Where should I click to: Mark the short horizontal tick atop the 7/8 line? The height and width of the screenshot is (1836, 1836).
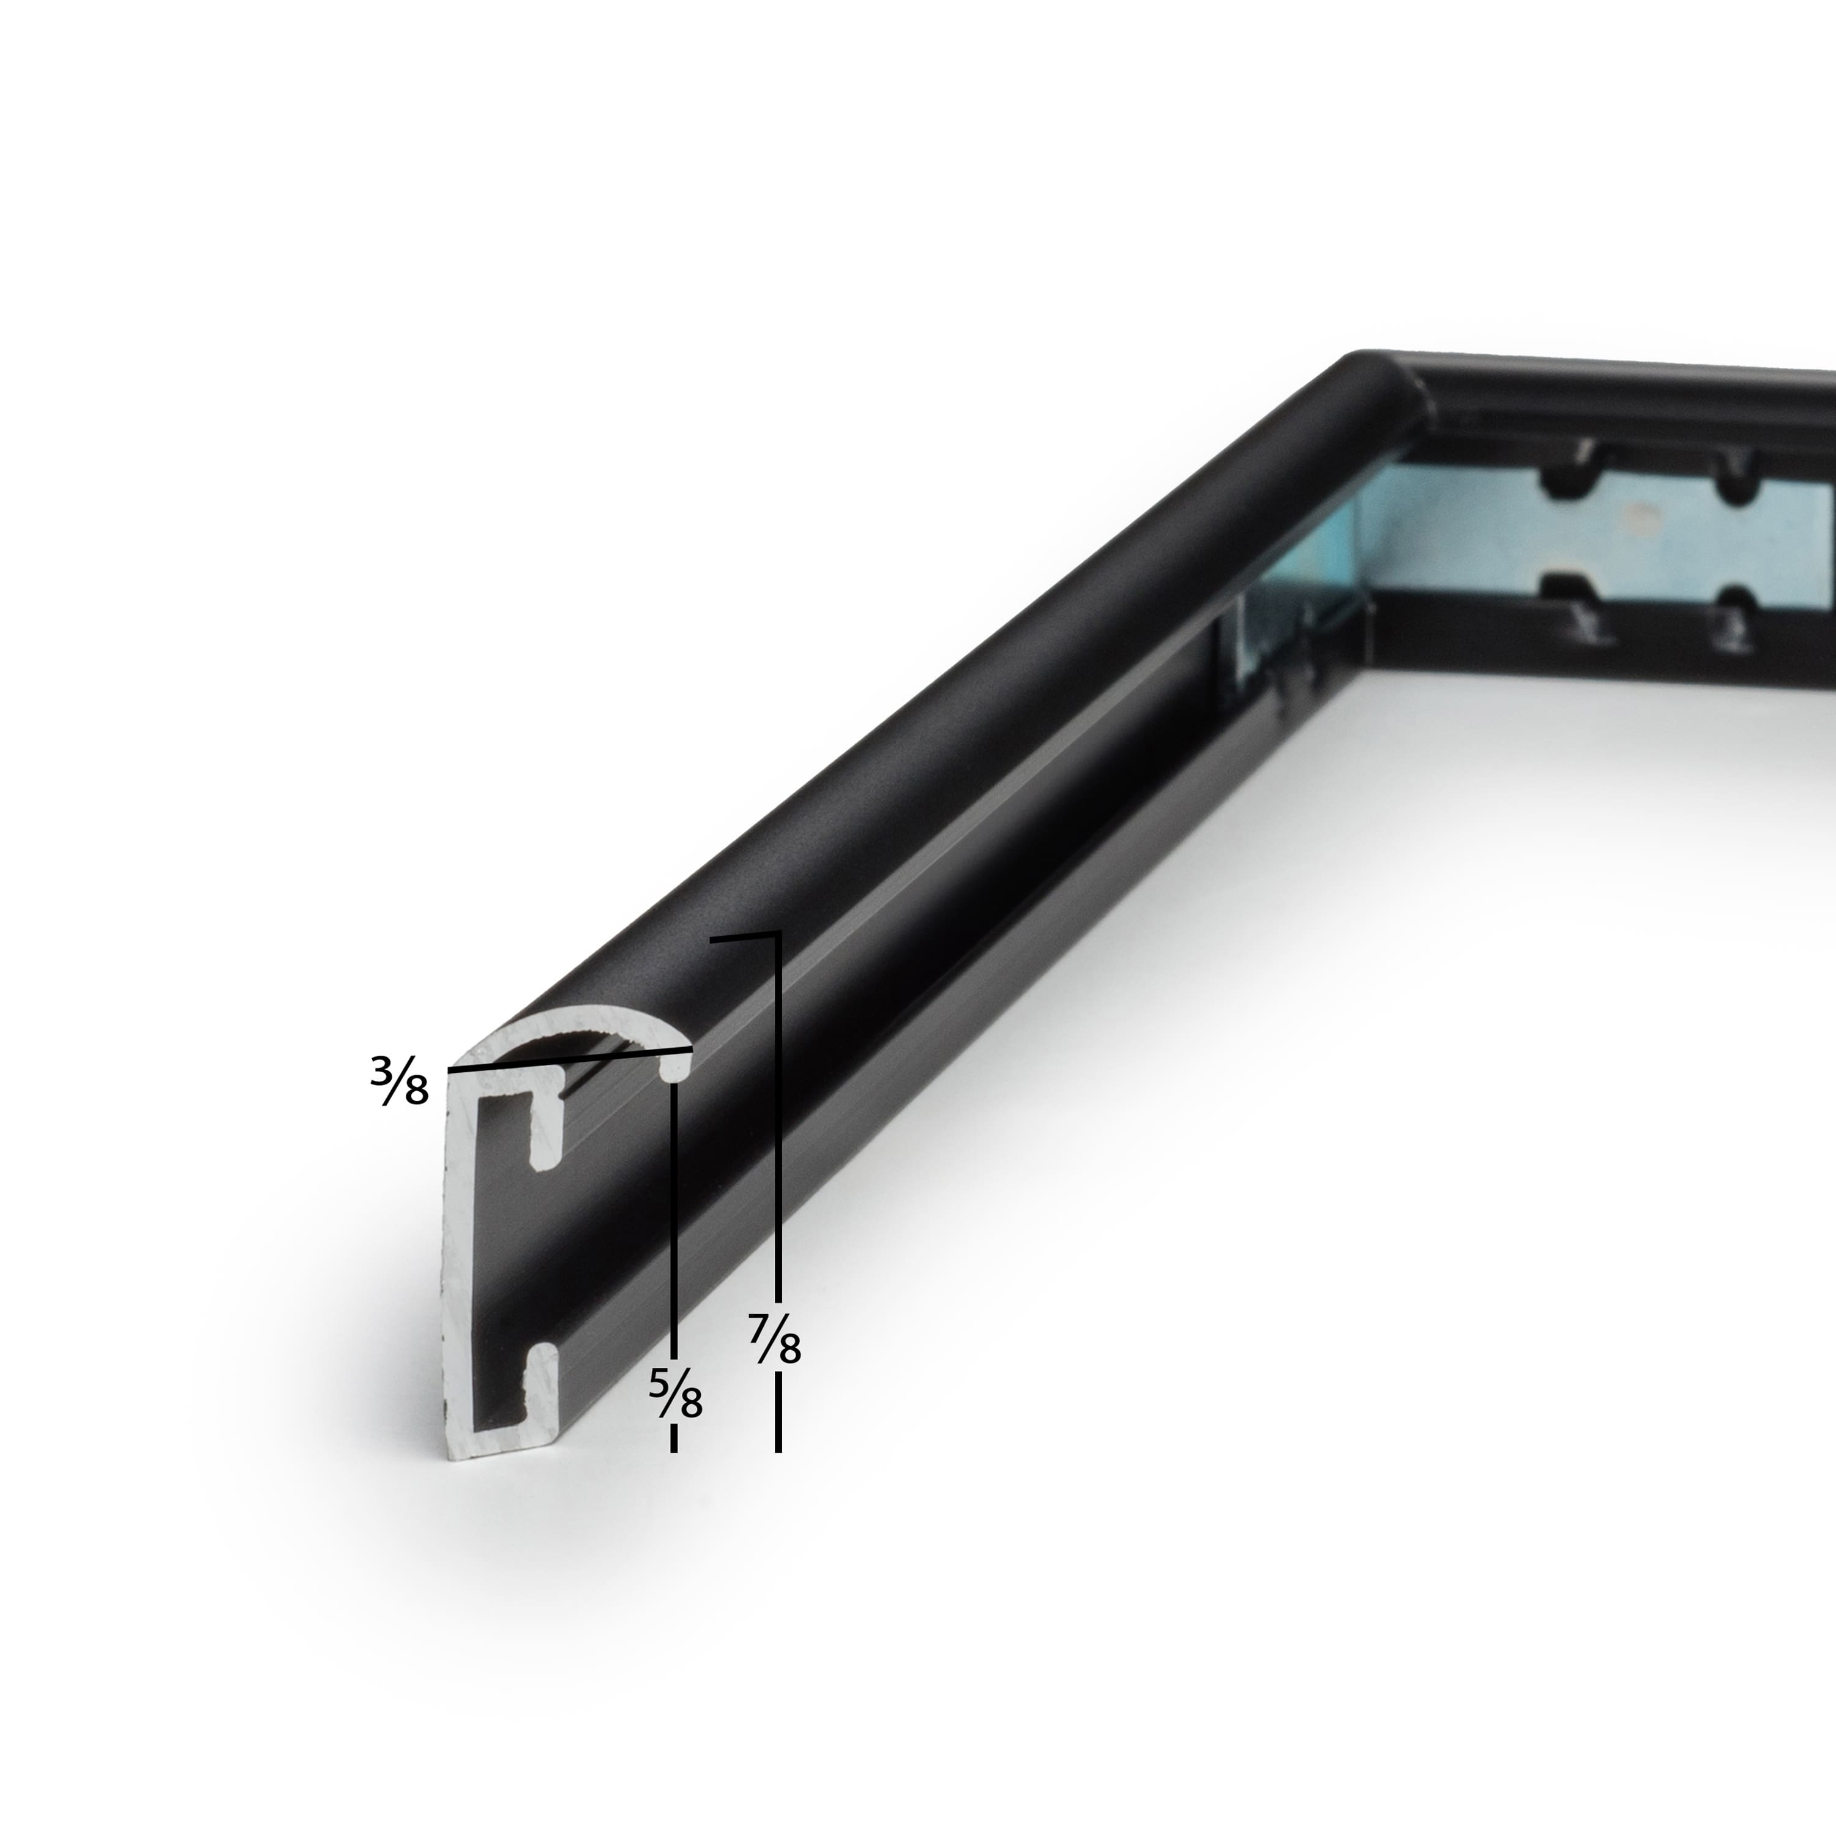tap(745, 939)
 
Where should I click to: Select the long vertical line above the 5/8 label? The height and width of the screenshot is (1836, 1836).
tap(674, 1226)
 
